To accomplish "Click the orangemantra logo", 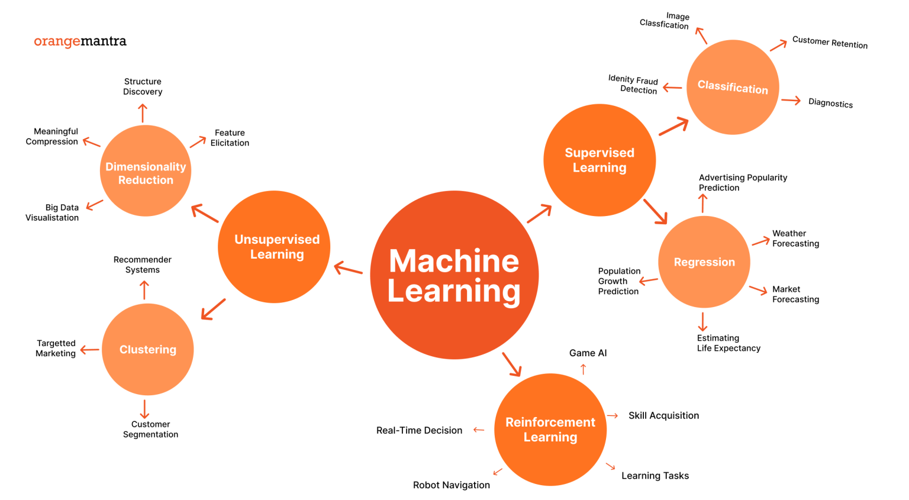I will (x=80, y=41).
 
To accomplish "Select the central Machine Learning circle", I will (x=454, y=275).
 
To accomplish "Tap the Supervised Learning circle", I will (x=599, y=160).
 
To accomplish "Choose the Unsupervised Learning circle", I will (x=274, y=247).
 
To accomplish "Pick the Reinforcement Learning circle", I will (x=550, y=430).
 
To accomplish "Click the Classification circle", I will (x=733, y=87).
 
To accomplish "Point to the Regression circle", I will (x=704, y=262).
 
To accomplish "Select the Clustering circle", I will (x=148, y=350).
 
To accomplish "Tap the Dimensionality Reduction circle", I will (x=146, y=171).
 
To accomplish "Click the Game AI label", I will (x=588, y=353).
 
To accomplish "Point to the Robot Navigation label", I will (x=451, y=485).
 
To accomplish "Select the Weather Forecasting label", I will (x=795, y=238).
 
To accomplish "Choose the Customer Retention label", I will (x=830, y=43).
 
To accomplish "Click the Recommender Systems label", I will (x=143, y=264).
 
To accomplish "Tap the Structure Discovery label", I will (x=143, y=86).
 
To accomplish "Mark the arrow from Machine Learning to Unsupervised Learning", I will (x=349, y=269).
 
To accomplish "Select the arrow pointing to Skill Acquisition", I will (x=613, y=416).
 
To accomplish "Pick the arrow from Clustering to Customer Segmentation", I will (x=144, y=409).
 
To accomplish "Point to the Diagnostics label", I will (x=830, y=103).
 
